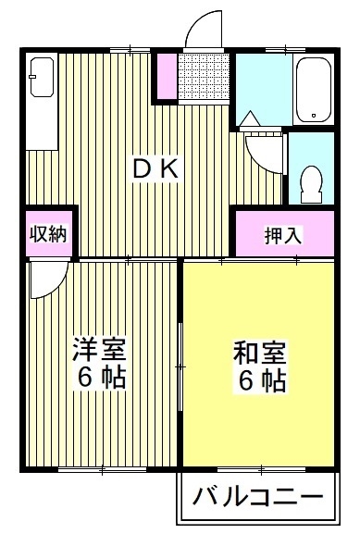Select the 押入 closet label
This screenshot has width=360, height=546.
point(283,235)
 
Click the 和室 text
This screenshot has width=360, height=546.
point(259,353)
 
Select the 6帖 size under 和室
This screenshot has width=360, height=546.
point(259,379)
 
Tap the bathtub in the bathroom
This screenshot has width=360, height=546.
point(315,90)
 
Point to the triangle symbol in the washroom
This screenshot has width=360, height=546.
point(250,118)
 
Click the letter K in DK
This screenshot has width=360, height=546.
point(176,169)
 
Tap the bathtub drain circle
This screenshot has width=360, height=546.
point(315,117)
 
